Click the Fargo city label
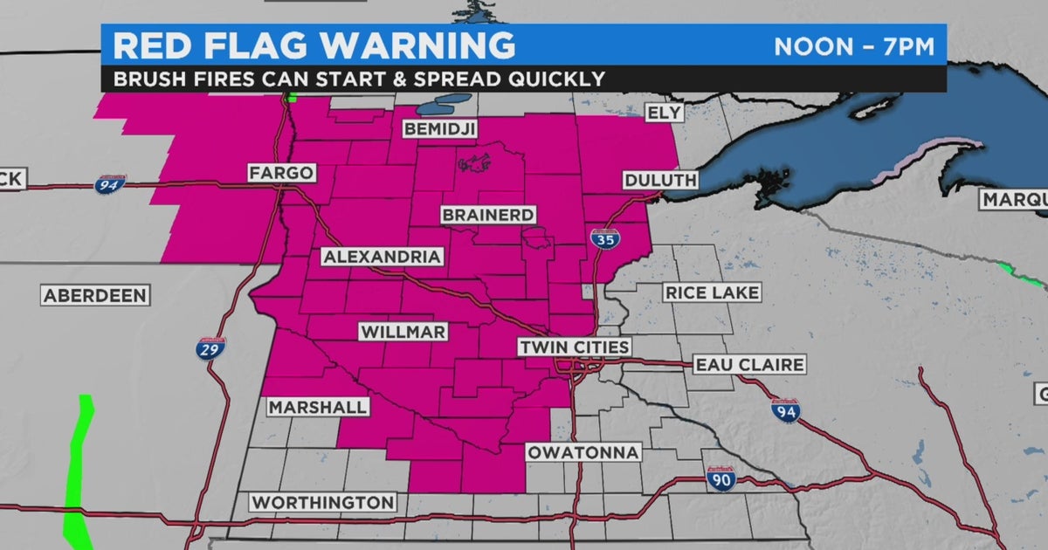(x=281, y=173)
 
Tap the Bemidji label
(x=439, y=129)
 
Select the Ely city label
(x=662, y=113)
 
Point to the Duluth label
(x=661, y=181)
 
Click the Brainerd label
(x=488, y=215)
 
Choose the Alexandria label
(x=383, y=257)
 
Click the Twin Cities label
(x=574, y=347)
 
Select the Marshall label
(x=318, y=408)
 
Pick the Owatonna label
(x=583, y=452)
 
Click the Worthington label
(x=323, y=503)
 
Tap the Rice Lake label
(x=712, y=293)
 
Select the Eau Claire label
(x=748, y=365)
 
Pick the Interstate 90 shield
(x=720, y=478)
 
